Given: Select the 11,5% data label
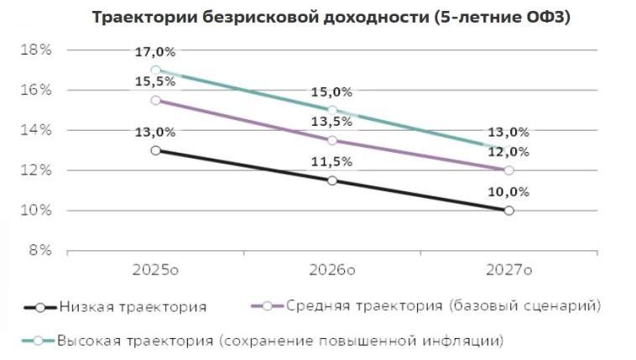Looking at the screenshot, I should (x=332, y=161).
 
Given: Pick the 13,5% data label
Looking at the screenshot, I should (x=332, y=122).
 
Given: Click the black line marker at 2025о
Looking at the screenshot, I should (x=155, y=150).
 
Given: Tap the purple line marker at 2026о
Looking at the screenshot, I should (x=332, y=140).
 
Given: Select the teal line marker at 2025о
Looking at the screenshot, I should (x=155, y=70).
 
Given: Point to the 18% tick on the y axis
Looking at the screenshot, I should (x=34, y=50).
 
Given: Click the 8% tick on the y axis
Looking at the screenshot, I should (x=38, y=251).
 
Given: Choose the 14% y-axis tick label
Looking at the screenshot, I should (x=34, y=130).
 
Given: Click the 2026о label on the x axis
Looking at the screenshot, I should (x=332, y=270).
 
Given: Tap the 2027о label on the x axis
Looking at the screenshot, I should (x=509, y=270).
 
